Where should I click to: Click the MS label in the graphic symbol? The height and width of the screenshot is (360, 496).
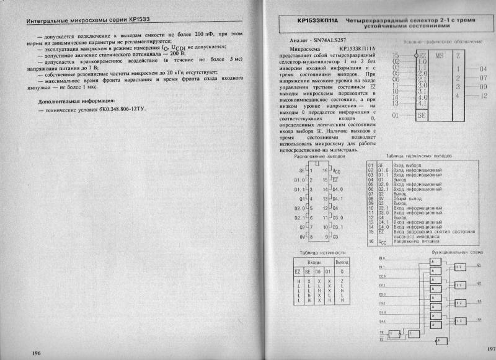(439, 56)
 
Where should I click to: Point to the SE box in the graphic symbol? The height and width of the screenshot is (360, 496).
(421, 115)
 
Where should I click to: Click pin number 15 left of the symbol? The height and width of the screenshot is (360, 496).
(396, 56)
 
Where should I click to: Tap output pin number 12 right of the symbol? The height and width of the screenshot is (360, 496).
(484, 95)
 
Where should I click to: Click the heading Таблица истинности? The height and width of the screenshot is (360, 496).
(322, 252)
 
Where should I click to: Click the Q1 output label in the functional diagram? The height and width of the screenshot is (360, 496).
(479, 265)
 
